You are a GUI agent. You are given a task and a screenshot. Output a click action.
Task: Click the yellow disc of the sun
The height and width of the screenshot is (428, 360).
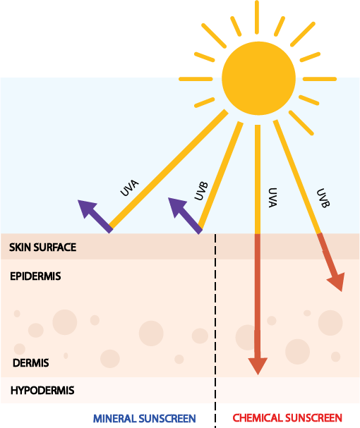click(x=258, y=78)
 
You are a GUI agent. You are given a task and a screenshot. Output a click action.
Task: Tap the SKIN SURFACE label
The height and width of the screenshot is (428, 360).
click(x=42, y=247)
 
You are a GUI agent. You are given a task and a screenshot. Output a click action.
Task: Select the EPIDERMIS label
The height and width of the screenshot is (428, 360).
click(x=35, y=276)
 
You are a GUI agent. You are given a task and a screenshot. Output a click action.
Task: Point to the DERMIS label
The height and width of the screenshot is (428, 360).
click(x=31, y=362)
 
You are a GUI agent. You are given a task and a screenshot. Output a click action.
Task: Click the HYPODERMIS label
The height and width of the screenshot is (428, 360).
click(x=42, y=391)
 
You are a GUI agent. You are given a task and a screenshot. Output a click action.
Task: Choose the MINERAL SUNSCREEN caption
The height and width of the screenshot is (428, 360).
click(x=145, y=418)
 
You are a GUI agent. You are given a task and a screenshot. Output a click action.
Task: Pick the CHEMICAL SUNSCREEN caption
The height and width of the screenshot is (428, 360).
click(x=287, y=418)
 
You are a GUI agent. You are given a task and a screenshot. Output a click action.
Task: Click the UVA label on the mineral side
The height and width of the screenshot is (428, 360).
click(x=130, y=188)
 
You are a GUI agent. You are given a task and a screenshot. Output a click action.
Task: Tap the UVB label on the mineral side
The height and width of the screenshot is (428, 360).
click(x=201, y=191)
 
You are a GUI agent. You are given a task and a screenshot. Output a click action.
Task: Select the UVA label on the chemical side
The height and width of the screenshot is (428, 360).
click(x=272, y=197)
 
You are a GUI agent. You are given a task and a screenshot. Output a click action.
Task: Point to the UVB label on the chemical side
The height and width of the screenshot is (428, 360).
click(x=323, y=198)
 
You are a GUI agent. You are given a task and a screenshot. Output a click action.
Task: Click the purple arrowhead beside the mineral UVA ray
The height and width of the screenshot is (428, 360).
click(x=88, y=209)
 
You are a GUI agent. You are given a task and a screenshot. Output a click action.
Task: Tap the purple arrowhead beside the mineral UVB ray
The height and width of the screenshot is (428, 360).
click(x=178, y=207)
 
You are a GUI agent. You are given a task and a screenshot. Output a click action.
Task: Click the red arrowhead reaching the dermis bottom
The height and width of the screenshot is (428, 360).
click(x=258, y=366)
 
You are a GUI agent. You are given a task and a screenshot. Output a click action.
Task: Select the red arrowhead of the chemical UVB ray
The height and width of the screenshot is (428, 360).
click(x=337, y=281)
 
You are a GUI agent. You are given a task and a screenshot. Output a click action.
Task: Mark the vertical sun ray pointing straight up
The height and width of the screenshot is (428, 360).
click(x=257, y=17)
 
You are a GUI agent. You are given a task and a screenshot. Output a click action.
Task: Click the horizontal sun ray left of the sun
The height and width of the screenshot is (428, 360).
click(x=196, y=79)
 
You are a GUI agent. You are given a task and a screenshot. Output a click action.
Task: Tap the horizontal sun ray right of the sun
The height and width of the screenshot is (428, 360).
click(x=320, y=79)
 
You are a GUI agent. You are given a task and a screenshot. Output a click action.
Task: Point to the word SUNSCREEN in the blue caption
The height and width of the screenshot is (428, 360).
click(x=167, y=418)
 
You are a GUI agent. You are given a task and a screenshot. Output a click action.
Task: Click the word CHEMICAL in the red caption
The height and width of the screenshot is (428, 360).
click(x=258, y=418)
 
